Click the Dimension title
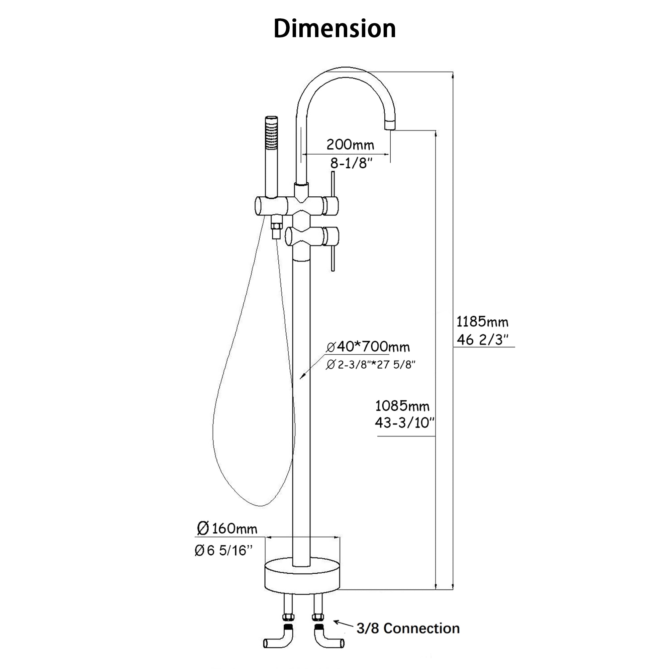(334, 29)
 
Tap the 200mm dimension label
(351, 145)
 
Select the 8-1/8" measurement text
(351, 163)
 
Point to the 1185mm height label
(482, 322)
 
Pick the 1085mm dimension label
(402, 406)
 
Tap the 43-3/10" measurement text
(404, 423)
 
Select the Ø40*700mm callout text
(368, 347)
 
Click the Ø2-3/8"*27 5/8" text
(370, 365)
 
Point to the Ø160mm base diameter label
(227, 529)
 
